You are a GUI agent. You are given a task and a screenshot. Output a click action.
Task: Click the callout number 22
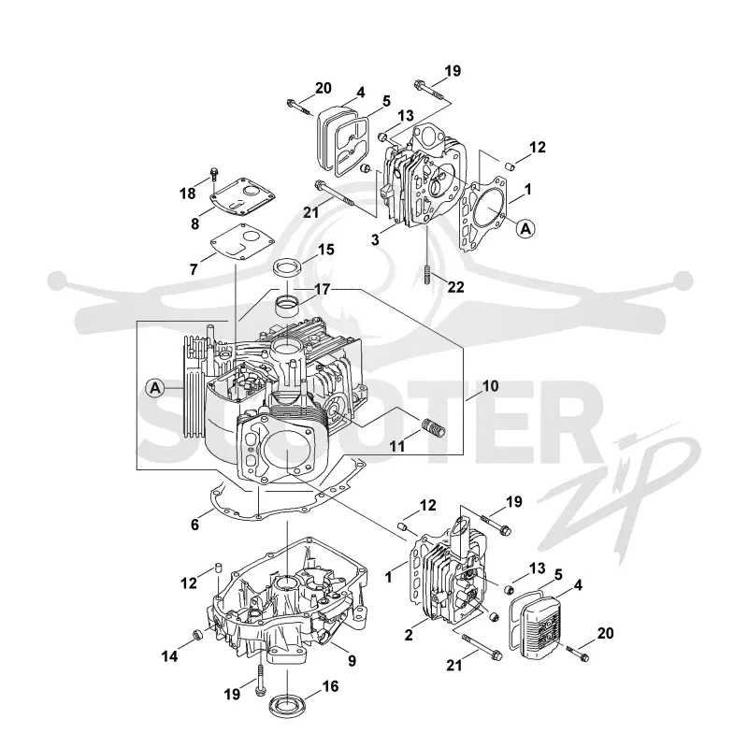point(456,287)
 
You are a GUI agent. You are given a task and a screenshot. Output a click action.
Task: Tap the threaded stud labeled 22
point(427,274)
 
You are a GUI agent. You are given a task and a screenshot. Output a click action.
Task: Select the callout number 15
point(326,250)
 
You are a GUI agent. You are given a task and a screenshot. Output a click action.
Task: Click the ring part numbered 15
point(288,267)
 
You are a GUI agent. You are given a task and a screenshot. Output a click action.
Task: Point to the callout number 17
point(323,289)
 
